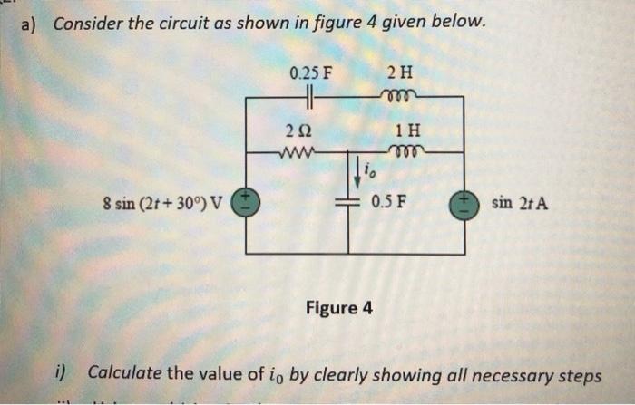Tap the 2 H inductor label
pyautogui.click(x=396, y=72)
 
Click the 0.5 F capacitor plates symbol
pyautogui.click(x=348, y=202)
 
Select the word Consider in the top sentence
pyautogui.click(x=87, y=24)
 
